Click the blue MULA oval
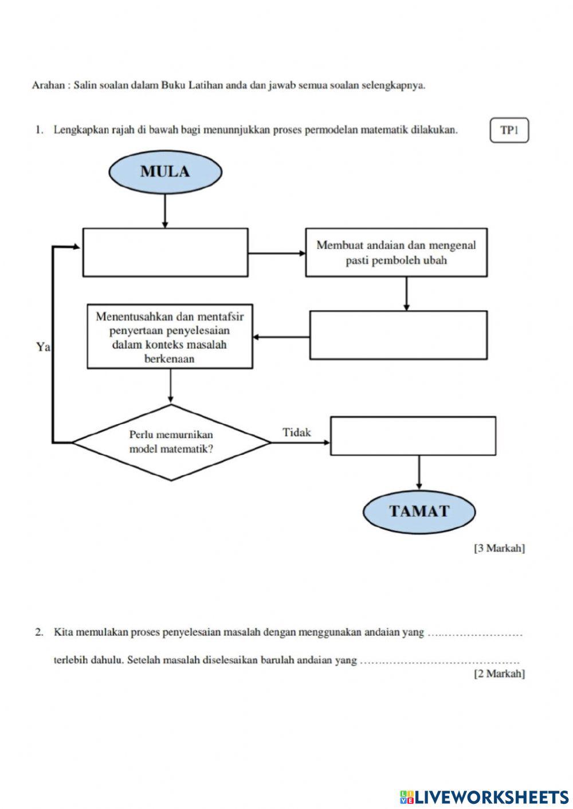tap(165, 171)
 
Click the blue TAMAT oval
tap(419, 511)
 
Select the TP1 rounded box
tap(509, 130)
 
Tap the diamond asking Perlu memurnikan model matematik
tap(171, 442)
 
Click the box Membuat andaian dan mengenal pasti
tap(396, 252)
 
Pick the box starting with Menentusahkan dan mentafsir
tap(170, 337)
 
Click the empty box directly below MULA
tap(166, 252)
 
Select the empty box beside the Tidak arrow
tap(413, 436)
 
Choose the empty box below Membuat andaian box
tap(398, 335)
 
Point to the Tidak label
tap(297, 432)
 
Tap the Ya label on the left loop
tap(43, 347)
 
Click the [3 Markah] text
tap(499, 548)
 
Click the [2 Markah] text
tap(499, 674)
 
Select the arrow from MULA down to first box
tap(165, 211)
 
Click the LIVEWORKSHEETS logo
tap(484, 796)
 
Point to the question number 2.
tap(39, 633)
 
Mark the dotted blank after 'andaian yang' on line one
tap(475, 634)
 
